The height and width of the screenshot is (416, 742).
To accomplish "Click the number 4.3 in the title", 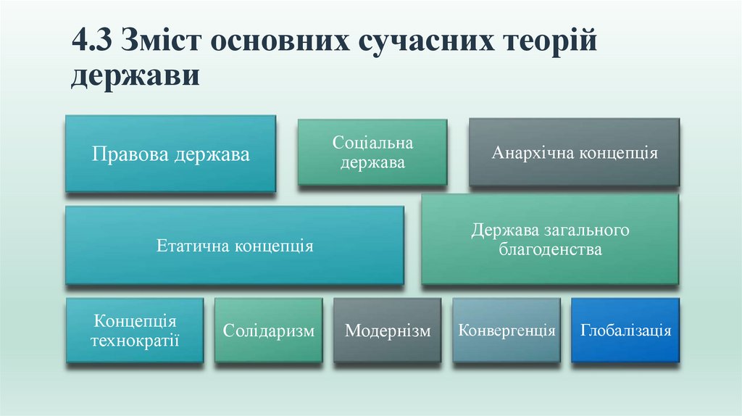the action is pos(92,40).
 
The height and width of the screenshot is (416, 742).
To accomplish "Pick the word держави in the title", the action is pos(136,76).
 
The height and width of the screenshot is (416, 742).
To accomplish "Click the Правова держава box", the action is pos(170,154).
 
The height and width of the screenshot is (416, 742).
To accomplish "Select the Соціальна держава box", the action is pos(372,152).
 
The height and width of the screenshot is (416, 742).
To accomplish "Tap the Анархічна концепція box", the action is pos(574,152).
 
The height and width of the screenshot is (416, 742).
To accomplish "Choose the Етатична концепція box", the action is pos(235,246).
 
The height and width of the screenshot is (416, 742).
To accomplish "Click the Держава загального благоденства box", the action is pos(550,239).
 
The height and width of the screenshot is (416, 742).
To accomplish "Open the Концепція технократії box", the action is pos(135,330).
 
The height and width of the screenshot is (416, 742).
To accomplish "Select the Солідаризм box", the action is pos(269,330).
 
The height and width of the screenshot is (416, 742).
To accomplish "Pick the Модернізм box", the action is pos(388,330).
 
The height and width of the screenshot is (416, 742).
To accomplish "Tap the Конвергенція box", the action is pos(507,330).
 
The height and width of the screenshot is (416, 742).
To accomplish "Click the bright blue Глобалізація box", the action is pos(625,330).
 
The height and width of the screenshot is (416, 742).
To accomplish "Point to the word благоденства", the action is pos(551,249).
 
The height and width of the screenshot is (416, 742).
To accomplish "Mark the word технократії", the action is pos(135,341).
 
